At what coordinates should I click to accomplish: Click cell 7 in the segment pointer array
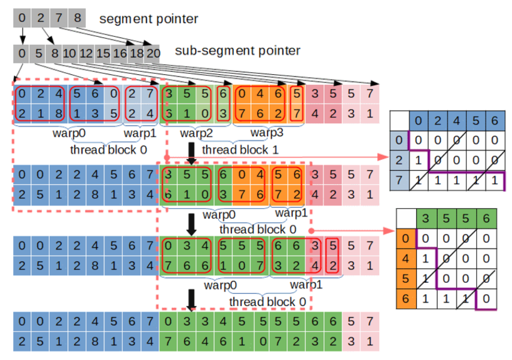point(58,19)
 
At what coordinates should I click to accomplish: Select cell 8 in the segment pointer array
point(77,19)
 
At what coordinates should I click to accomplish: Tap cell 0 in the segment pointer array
point(22,19)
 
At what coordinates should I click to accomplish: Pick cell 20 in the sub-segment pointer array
point(153,53)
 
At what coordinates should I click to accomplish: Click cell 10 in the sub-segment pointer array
point(70,53)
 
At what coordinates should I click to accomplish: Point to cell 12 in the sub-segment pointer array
point(86,53)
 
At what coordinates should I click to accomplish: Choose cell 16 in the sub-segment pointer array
point(119,53)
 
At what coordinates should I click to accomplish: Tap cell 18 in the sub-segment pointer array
point(136,53)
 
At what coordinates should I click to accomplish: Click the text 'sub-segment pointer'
point(237,51)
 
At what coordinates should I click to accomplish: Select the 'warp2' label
point(196,133)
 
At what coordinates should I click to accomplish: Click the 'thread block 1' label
point(240,149)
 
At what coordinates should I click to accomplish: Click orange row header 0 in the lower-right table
point(406,238)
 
